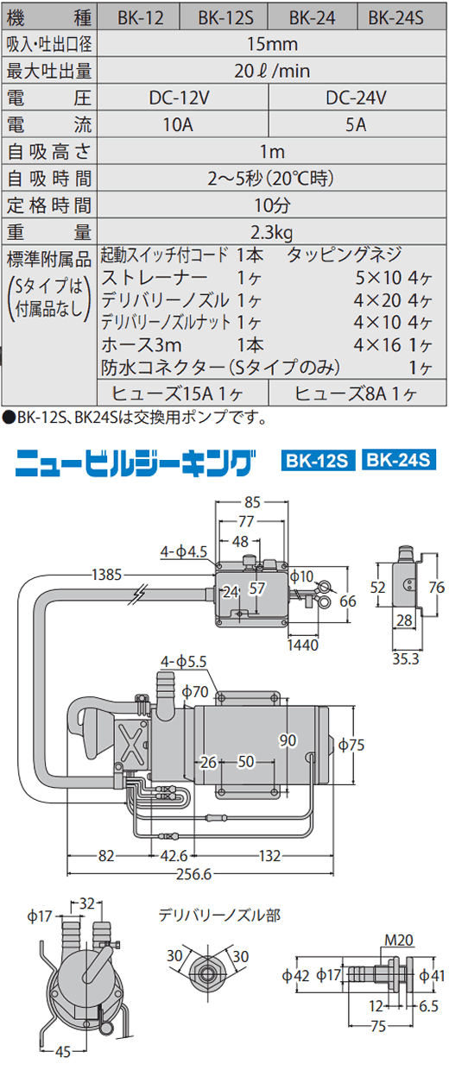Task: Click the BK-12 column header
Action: pyautogui.click(x=140, y=18)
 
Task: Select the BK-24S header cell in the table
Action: pyautogui.click(x=396, y=18)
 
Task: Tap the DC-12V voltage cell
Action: pyautogui.click(x=180, y=98)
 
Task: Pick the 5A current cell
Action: pyautogui.click(x=357, y=124)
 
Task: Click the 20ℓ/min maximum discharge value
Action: pyautogui.click(x=272, y=71)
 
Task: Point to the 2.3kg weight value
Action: pyautogui.click(x=272, y=233)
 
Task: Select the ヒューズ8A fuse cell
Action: pyautogui.click(x=357, y=393)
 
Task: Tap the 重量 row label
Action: pyautogui.click(x=48, y=232)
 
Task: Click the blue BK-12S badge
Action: pyautogui.click(x=317, y=461)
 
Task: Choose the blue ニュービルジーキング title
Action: pyautogui.click(x=133, y=463)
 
